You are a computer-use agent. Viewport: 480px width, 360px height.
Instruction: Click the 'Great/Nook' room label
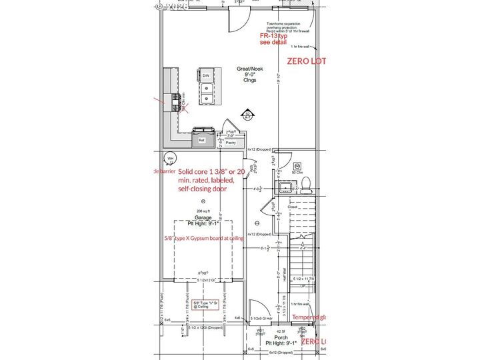pos(249,69)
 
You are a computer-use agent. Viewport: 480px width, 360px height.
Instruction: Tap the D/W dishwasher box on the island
pos(207,76)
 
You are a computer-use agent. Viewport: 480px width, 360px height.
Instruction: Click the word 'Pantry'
pos(231,143)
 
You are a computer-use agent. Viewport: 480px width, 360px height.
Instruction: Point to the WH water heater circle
pos(171,159)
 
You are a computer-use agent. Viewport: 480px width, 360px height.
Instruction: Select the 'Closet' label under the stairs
pos(293,207)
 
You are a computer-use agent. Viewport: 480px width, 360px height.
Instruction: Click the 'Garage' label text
pos(203,217)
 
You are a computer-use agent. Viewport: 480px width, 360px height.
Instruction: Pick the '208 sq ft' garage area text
pos(203,211)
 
